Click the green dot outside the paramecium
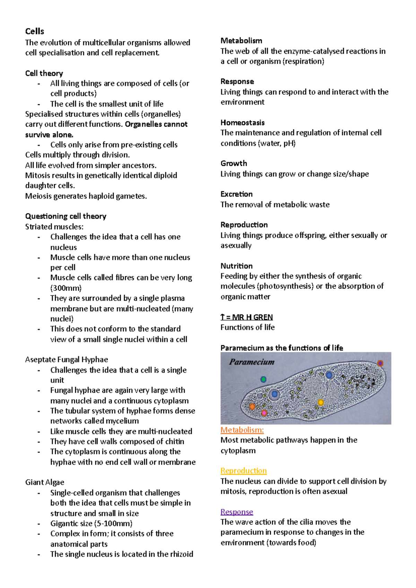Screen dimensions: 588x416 [x=263, y=380]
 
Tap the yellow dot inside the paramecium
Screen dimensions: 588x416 [x=321, y=402]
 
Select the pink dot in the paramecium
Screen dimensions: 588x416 [x=264, y=413]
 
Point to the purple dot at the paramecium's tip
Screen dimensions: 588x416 [x=380, y=363]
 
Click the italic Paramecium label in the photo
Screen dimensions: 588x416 [x=252, y=362]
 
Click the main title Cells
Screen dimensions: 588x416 [x=35, y=32]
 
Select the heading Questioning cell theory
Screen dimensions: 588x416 [x=66, y=216]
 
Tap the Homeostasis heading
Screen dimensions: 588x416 [x=242, y=123]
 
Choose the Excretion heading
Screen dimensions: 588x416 [x=236, y=194]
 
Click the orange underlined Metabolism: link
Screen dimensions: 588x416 [x=242, y=430]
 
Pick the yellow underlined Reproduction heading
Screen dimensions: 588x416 [x=243, y=471]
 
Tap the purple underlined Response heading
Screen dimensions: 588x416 [x=236, y=512]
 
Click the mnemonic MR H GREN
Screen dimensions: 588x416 [x=252, y=317]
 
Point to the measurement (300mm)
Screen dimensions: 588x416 [x=66, y=288]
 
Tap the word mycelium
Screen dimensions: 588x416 [x=122, y=421]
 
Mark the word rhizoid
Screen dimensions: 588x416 [x=180, y=554]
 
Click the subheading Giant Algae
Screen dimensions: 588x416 [x=45, y=482]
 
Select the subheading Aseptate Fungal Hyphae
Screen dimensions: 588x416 [x=67, y=360]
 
